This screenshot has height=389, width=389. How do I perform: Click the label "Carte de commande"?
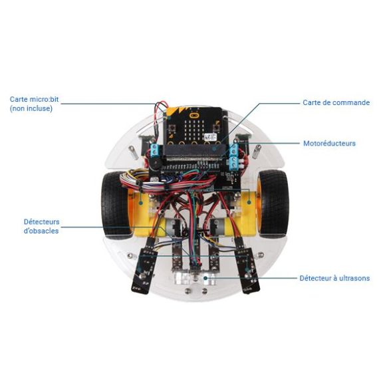click(x=336, y=102)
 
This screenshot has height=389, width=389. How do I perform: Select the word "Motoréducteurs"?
click(x=329, y=143)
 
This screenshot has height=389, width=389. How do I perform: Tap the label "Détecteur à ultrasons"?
click(x=334, y=278)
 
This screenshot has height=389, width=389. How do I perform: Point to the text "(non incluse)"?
click(x=31, y=108)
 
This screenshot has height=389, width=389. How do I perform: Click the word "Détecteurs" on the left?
click(x=41, y=221)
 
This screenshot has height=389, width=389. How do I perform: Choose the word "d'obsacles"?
click(x=41, y=231)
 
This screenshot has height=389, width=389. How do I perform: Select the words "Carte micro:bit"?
click(x=34, y=99)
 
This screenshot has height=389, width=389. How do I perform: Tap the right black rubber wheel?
click(x=273, y=204)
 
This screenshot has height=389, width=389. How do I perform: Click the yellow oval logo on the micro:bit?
click(x=194, y=115)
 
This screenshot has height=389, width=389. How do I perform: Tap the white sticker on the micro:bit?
click(x=210, y=136)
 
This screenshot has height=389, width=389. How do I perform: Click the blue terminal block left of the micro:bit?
click(x=155, y=150)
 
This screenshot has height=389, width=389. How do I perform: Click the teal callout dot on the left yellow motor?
click(x=141, y=203)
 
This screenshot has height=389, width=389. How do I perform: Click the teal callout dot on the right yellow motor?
click(x=249, y=202)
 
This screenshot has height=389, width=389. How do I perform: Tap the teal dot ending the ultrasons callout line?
click(x=205, y=278)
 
